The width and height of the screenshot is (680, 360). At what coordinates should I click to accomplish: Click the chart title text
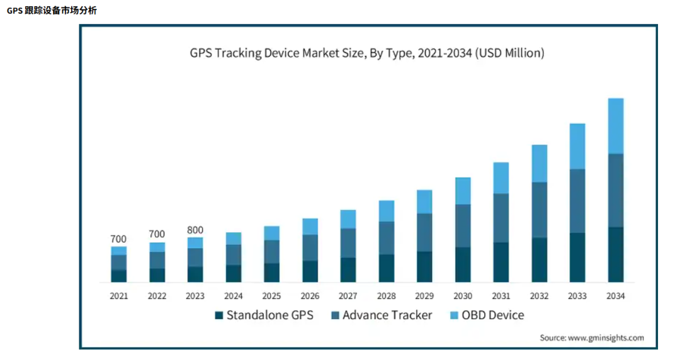point(367,53)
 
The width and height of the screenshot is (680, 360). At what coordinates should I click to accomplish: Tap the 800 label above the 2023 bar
point(195,230)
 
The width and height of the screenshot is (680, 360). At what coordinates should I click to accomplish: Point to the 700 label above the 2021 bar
point(118,239)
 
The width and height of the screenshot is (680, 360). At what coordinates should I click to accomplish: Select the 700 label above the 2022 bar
point(157,235)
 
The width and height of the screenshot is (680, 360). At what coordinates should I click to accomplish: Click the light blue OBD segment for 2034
point(615,126)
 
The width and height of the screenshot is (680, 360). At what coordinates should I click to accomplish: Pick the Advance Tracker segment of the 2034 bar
point(615,190)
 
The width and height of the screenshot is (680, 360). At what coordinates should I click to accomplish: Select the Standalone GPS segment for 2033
point(577,257)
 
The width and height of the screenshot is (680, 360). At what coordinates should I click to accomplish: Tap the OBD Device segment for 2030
point(463,191)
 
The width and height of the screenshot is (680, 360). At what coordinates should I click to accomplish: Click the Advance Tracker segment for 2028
point(387,238)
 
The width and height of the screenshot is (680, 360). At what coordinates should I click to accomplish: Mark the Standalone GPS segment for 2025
point(271,273)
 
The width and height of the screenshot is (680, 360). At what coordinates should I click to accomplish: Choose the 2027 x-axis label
point(348,296)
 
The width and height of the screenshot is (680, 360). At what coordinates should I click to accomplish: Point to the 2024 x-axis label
point(234,296)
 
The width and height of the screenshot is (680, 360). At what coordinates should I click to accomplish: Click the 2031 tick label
point(501,296)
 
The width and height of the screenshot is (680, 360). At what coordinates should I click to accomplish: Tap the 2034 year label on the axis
point(615,296)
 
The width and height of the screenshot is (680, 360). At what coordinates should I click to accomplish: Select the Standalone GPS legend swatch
point(219,315)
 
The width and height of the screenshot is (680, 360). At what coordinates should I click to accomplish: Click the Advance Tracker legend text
point(387,315)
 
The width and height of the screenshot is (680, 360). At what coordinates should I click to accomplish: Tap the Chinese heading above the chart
point(52,11)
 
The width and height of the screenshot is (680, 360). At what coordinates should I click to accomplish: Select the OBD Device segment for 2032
point(539,164)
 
